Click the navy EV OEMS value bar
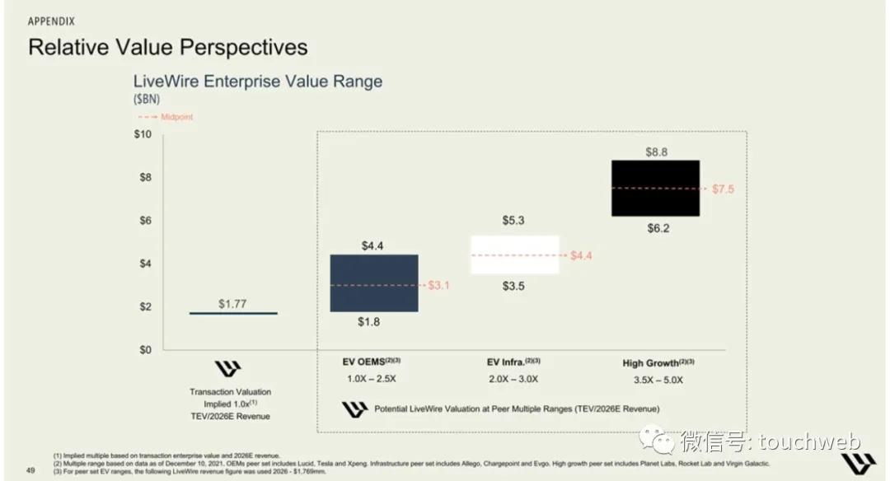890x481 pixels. coord(374,283)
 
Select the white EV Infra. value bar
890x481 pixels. coord(514,255)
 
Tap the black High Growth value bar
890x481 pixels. coord(655,188)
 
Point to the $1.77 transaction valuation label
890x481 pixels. coord(232,304)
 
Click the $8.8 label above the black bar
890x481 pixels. coord(657,152)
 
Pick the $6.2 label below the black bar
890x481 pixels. coord(657,228)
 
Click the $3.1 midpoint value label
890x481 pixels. coord(440,285)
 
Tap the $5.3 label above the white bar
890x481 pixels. coord(514,220)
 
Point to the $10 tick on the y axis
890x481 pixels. coord(143,134)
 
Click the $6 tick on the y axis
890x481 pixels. coord(145,220)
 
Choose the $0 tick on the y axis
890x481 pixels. coord(145,349)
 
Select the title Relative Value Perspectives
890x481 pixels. coord(168,47)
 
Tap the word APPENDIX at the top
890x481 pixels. coord(54,19)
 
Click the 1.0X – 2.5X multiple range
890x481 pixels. coord(372,380)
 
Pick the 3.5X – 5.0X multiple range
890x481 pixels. coord(658,380)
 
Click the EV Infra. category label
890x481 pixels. coord(514,362)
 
